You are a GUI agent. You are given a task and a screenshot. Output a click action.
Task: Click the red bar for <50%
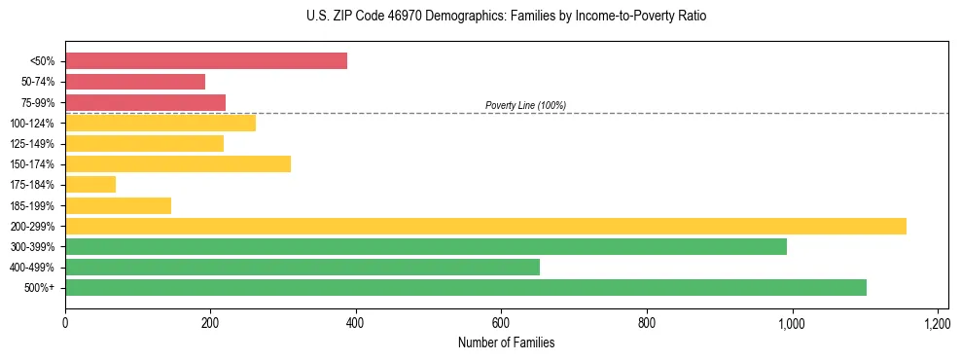pyautogui.click(x=206, y=61)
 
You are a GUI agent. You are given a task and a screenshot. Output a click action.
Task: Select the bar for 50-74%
pyautogui.click(x=135, y=82)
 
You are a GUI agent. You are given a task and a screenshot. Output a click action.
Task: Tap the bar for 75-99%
pyautogui.click(x=145, y=102)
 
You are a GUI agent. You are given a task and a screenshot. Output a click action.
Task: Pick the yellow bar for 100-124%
pyautogui.click(x=160, y=123)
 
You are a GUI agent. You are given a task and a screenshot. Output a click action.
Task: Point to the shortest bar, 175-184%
pyautogui.click(x=90, y=184)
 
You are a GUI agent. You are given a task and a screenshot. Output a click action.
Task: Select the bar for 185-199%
pyautogui.click(x=118, y=205)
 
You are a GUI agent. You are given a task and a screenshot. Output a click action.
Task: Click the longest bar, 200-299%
pyautogui.click(x=485, y=226)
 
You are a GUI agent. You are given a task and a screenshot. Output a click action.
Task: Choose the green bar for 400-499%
pyautogui.click(x=303, y=267)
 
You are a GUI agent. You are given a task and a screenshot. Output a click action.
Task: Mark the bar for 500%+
pyautogui.click(x=466, y=287)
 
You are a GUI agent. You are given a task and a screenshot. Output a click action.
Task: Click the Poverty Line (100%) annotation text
pyautogui.click(x=525, y=105)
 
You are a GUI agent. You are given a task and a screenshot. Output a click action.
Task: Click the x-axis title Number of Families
pyautogui.click(x=507, y=342)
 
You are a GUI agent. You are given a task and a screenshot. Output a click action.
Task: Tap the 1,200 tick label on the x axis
pyautogui.click(x=937, y=322)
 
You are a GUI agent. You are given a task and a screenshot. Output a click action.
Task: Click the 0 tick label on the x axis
pyautogui.click(x=65, y=322)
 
